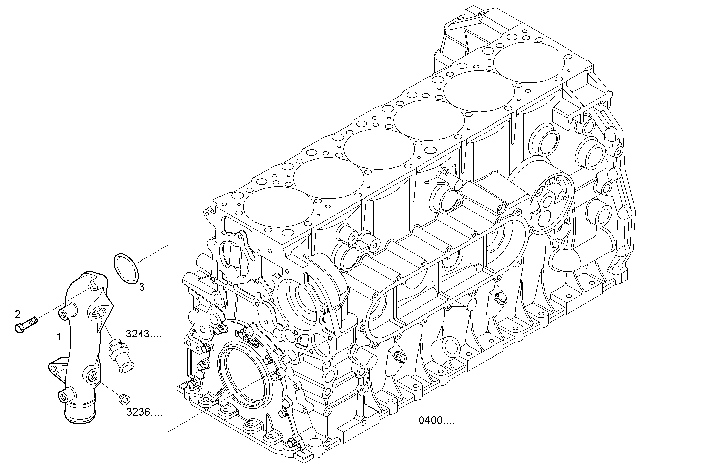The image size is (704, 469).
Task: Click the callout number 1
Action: tap(59, 337)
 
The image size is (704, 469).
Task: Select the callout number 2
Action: tap(18, 314)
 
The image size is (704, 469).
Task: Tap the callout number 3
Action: tap(141, 287)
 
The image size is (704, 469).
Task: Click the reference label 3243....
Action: tap(143, 334)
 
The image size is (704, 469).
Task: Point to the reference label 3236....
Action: tap(143, 412)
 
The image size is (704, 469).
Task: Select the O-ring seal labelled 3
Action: tap(126, 269)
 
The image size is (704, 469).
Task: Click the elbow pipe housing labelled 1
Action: tap(79, 347)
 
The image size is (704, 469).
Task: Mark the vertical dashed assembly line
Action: tap(168, 337)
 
